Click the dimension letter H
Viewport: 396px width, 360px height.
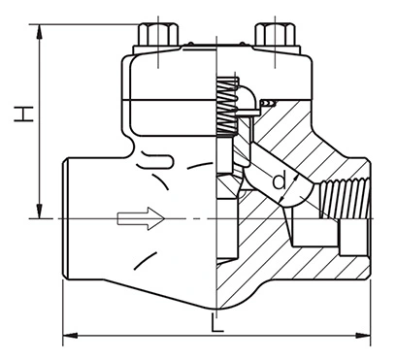pyautogui.click(x=23, y=114)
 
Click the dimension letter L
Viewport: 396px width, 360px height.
pyautogui.click(x=216, y=322)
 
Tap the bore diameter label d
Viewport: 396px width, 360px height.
pyautogui.click(x=280, y=181)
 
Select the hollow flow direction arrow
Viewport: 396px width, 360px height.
pyautogui.click(x=141, y=218)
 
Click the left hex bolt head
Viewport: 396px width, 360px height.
pyautogui.click(x=158, y=34)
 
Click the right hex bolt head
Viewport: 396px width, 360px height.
pyautogui.click(x=275, y=34)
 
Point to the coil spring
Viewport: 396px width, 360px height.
pyautogui.click(x=227, y=106)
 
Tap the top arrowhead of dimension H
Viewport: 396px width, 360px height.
pyautogui.click(x=40, y=32)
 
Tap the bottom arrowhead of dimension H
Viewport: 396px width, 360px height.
pyautogui.click(x=40, y=211)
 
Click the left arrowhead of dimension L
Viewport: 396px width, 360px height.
pyautogui.click(x=70, y=336)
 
